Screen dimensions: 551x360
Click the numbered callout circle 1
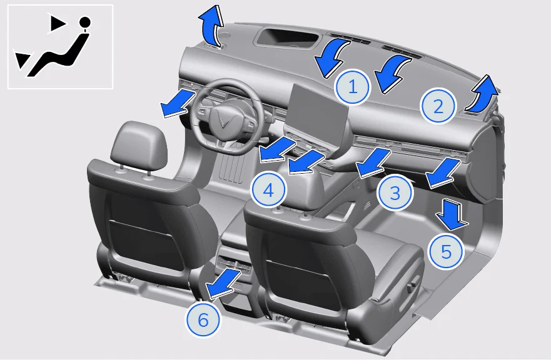click(353, 87)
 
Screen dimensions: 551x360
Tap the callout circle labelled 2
click(438, 106)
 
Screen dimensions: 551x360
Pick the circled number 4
click(268, 191)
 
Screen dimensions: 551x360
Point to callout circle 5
click(446, 251)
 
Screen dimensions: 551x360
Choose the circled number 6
click(203, 320)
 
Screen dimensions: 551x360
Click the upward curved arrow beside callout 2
click(482, 94)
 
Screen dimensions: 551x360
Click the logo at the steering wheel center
click(224, 120)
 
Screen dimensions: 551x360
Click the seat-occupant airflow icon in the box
click(51, 46)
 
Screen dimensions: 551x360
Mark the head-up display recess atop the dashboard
click(288, 38)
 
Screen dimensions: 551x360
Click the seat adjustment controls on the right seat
click(412, 285)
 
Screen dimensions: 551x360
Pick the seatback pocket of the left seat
click(144, 242)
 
